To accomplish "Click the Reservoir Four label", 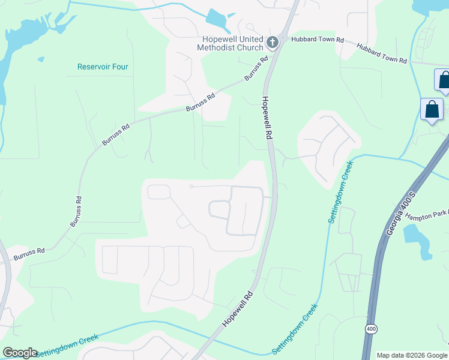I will (x=103, y=67).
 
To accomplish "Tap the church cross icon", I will (x=272, y=42).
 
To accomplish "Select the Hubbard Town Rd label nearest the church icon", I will (x=317, y=40).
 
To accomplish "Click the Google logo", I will (x=20, y=353).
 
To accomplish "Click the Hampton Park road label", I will (x=426, y=215).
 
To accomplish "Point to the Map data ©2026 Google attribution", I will (x=411, y=355).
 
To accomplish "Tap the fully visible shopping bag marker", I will (x=432, y=110).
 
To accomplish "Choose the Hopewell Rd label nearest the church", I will (x=265, y=118).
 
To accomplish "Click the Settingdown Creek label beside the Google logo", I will (x=67, y=347).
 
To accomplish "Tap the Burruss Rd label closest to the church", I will (x=256, y=70).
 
